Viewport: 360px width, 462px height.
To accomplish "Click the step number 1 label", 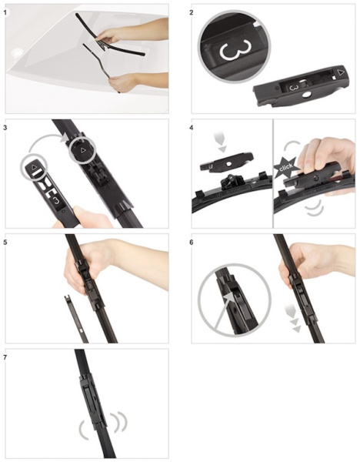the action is (4, 12).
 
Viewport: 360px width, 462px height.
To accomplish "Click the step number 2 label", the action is (192, 12).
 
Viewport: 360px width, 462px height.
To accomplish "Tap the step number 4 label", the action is (192, 128).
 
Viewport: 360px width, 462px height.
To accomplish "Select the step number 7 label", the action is (4, 357).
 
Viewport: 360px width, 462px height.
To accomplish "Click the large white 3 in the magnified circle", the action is (235, 49).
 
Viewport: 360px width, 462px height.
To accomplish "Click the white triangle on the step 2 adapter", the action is (341, 72).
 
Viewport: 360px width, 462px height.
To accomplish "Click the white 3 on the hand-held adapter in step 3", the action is (56, 201).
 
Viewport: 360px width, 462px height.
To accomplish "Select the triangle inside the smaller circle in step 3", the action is (35, 167).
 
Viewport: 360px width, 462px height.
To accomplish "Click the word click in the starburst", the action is (286, 167).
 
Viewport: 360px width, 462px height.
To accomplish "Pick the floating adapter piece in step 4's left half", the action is (226, 162).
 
